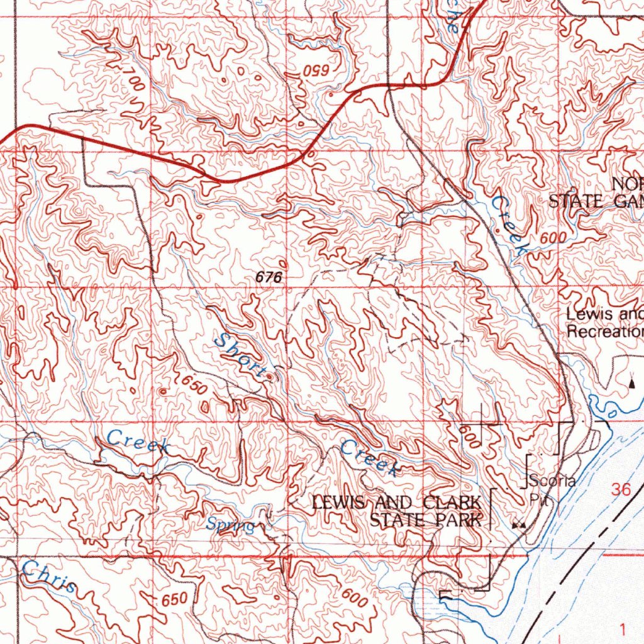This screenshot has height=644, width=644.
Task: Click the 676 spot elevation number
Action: (x=269, y=276)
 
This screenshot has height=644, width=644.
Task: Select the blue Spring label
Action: (x=231, y=525)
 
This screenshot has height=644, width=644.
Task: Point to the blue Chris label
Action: (x=49, y=578)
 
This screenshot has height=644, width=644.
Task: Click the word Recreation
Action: (x=605, y=331)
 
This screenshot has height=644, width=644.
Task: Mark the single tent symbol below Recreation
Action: (x=632, y=381)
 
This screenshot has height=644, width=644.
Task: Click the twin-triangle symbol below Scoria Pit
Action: (x=519, y=524)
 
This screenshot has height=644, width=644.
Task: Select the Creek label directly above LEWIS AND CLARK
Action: (x=370, y=458)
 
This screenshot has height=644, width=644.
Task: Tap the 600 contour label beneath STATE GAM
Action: (x=552, y=237)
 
